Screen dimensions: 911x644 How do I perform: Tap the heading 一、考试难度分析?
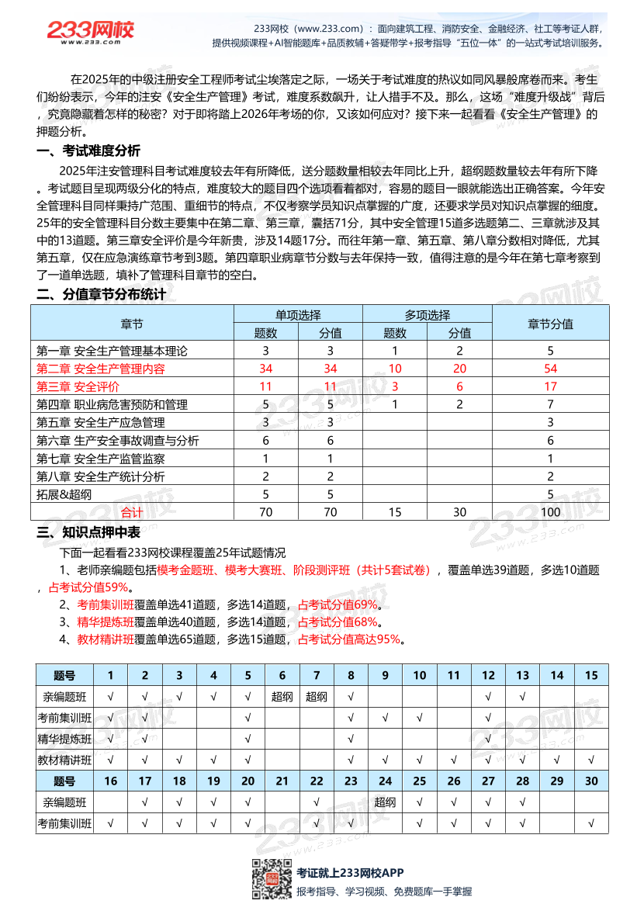[x=88, y=151]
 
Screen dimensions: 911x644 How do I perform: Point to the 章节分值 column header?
[x=550, y=324]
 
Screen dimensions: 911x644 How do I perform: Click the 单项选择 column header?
[x=298, y=315]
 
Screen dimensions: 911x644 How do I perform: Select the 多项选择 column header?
[x=427, y=315]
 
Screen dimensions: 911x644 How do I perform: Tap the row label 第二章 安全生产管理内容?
[x=101, y=369]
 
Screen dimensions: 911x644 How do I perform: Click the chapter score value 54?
[x=550, y=369]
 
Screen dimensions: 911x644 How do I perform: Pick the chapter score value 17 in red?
[x=550, y=386]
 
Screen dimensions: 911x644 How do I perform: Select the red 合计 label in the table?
[x=132, y=512]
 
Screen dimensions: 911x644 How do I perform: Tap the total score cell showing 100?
[x=550, y=512]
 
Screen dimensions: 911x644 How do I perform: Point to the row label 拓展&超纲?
[x=64, y=494]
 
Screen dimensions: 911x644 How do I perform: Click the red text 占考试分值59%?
[x=88, y=587]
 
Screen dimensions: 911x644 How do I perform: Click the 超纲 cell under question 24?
[x=385, y=802]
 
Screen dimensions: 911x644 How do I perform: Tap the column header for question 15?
[x=591, y=675]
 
